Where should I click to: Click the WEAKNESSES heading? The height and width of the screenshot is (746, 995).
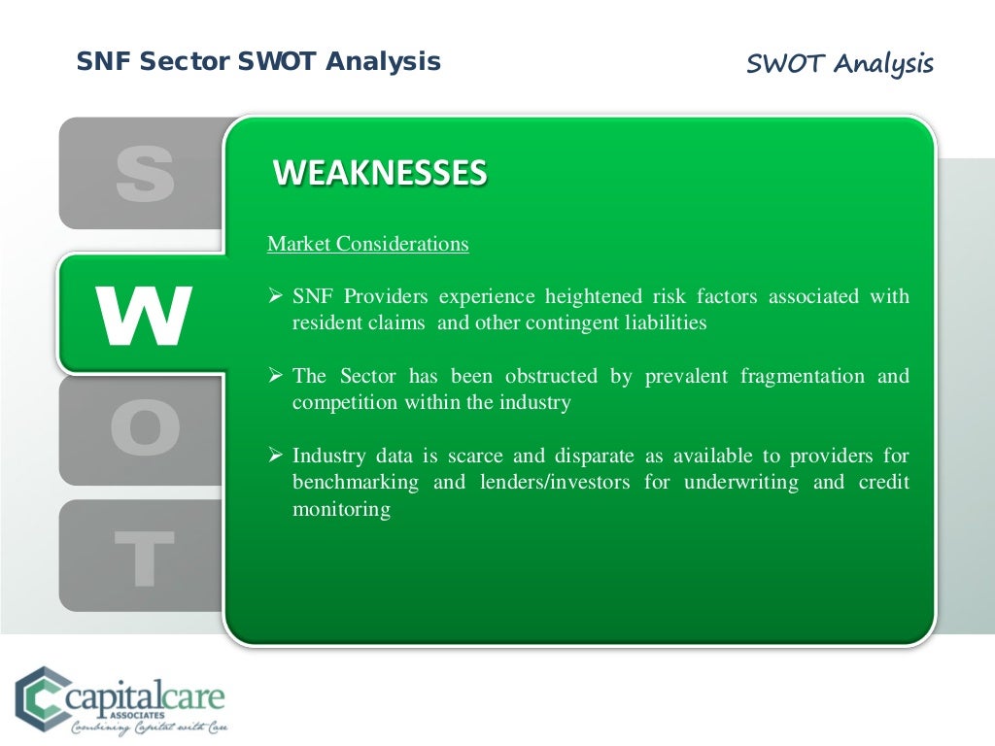[x=380, y=173]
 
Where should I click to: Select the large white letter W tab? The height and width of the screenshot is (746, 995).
[x=142, y=315]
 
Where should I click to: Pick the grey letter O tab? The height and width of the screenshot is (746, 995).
[x=145, y=430]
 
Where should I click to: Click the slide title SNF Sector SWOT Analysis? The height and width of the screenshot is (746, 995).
[x=258, y=62]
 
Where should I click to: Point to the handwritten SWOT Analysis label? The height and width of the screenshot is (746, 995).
[x=840, y=64]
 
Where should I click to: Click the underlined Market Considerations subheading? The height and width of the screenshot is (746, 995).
[x=367, y=244]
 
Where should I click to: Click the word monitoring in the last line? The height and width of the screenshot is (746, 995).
[x=341, y=509]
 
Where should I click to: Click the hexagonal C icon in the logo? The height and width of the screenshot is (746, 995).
[x=38, y=696]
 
